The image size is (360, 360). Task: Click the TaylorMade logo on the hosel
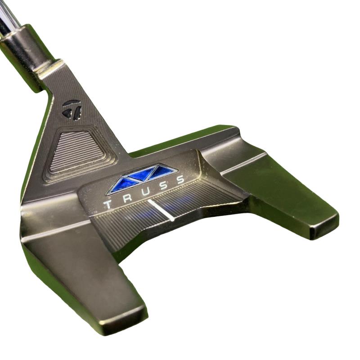tap(72, 109)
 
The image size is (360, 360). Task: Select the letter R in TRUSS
tap(127, 198)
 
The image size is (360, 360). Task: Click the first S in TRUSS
tap(163, 185)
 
